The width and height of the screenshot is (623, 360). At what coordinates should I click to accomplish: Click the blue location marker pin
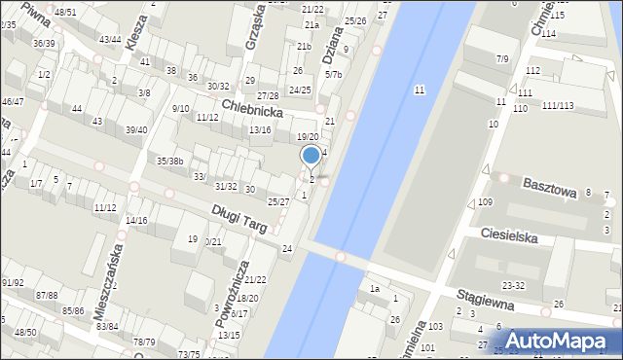coord(311,156)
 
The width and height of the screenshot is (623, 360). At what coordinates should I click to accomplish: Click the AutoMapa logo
coord(562,342)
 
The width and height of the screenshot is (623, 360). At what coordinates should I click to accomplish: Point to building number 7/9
coord(502,59)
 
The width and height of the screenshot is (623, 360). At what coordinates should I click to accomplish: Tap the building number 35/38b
coord(171,161)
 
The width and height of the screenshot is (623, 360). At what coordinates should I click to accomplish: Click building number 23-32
coord(513,285)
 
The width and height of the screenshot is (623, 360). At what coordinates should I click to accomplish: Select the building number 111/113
coord(558,105)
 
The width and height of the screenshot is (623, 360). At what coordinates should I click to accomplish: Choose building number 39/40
coord(136,129)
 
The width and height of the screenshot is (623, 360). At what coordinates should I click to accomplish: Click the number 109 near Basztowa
coord(486,201)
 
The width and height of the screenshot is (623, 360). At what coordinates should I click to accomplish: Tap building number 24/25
coord(299,90)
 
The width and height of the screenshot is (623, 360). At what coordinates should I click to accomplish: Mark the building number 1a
coord(374,289)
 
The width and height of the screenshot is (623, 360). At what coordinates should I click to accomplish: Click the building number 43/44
coord(110,39)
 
